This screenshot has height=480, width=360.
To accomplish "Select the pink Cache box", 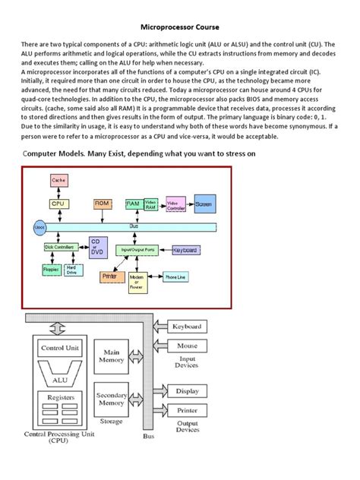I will tap(58, 180).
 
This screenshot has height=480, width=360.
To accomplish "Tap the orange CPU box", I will tap(58, 204).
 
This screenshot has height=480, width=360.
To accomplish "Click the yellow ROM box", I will tap(102, 204).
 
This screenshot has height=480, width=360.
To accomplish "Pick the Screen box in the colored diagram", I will tap(204, 205).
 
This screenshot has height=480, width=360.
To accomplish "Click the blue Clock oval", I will tap(39, 226).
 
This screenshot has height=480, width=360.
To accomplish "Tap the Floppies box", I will tap(51, 269).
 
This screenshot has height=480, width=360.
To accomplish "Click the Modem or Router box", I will tap(136, 283).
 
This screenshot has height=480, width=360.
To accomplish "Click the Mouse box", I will tap(187, 346).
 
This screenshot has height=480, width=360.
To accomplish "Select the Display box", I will tap(188, 391).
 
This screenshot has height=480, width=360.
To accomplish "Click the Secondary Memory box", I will tap(112, 399).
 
